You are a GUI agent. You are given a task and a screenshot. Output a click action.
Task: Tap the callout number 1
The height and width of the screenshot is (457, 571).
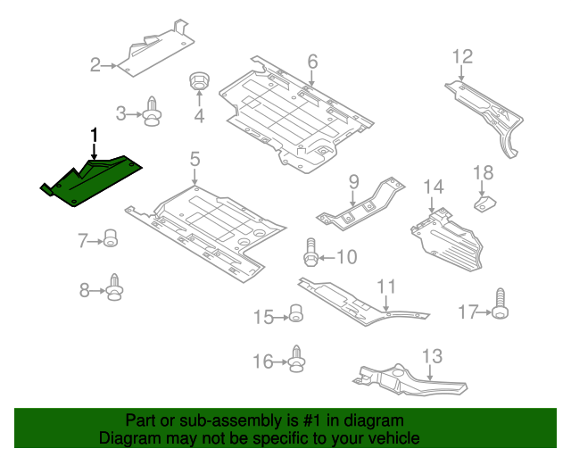(x=95, y=135)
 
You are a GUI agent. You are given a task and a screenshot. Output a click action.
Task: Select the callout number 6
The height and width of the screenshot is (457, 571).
(x=313, y=62)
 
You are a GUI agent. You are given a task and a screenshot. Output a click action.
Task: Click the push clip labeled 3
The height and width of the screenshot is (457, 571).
(x=153, y=112)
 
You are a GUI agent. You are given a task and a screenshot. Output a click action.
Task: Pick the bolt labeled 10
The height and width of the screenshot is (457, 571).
(x=310, y=253)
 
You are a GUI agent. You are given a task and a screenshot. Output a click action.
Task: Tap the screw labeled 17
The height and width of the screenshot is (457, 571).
(x=501, y=303)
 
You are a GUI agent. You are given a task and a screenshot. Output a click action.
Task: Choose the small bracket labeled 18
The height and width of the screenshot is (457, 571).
(x=484, y=204)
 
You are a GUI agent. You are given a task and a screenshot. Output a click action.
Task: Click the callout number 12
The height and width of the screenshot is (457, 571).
(x=462, y=57)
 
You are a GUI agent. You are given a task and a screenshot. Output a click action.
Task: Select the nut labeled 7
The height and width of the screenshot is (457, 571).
(x=111, y=238)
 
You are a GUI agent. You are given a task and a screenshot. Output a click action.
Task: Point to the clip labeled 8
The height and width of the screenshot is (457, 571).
(x=115, y=287)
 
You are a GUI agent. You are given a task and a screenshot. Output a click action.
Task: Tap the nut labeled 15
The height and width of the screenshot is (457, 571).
(x=295, y=313)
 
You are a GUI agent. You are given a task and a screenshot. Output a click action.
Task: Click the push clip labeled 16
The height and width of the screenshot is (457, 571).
(x=296, y=359)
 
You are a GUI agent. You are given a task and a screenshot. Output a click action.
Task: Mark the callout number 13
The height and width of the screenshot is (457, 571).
(x=432, y=356)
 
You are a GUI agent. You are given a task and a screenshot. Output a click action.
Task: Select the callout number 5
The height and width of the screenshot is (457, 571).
(x=194, y=159)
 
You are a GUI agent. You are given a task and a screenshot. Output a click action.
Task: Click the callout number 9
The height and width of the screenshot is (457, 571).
(x=353, y=182)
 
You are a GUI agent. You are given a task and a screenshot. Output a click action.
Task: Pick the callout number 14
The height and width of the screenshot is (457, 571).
(x=434, y=187)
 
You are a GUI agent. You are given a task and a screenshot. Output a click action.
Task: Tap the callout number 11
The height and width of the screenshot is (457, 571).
(x=386, y=287)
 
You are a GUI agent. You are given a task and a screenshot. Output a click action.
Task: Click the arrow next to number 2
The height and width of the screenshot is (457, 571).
(x=109, y=66)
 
